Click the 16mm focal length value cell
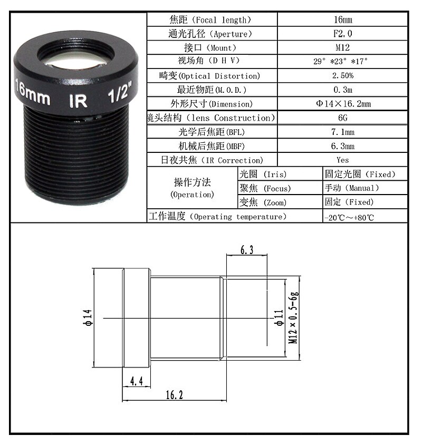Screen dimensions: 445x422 (x=342, y=20)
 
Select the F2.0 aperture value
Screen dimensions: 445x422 (x=342, y=34)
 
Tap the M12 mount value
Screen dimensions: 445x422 (x=342, y=48)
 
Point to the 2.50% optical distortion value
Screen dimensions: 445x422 (x=342, y=76)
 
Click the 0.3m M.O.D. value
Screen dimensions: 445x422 (x=342, y=90)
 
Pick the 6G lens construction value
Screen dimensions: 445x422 (x=342, y=118)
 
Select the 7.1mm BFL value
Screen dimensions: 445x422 (x=342, y=132)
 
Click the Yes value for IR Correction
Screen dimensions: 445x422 (x=342, y=160)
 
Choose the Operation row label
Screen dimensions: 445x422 (x=193, y=188)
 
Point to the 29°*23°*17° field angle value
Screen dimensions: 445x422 (x=342, y=62)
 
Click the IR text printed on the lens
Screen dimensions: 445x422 (x=78, y=100)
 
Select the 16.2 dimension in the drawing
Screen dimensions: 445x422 (x=174, y=394)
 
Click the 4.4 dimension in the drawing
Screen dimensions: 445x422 (x=137, y=381)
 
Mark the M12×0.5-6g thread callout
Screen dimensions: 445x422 (x=294, y=318)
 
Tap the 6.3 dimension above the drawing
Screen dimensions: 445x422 (x=247, y=251)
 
